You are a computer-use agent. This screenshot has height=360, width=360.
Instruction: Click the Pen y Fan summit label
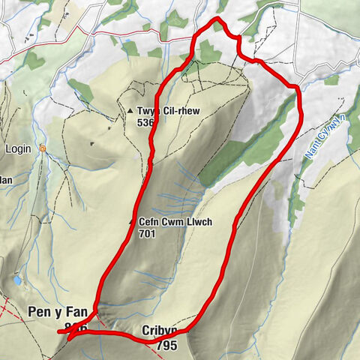tap(58, 311)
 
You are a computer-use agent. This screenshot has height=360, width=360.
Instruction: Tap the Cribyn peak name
tap(157, 330)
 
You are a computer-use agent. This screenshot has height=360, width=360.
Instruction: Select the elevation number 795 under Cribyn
tap(167, 346)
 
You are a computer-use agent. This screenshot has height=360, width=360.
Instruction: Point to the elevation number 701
tap(148, 233)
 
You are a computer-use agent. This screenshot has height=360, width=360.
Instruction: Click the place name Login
tap(18, 148)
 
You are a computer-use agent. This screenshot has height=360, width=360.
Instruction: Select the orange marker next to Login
tap(43, 148)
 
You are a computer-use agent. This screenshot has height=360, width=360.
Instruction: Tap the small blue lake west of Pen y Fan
tap(16, 280)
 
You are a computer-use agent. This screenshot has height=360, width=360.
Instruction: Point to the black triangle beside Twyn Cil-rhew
tap(130, 112)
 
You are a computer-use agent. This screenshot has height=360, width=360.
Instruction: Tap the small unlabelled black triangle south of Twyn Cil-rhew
tap(92, 143)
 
